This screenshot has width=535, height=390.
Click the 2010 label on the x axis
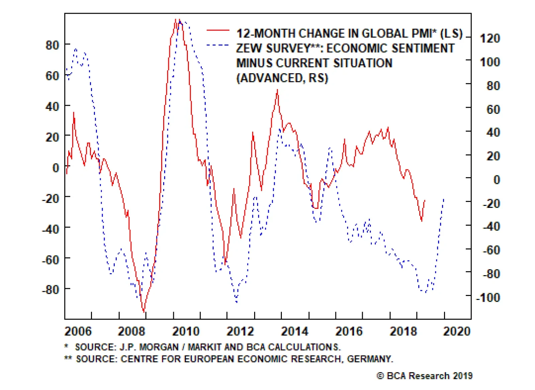pos(186,331)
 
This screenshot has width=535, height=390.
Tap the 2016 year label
pos(349,331)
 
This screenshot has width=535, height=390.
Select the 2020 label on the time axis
pos(457,331)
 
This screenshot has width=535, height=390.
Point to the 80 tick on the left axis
pos(52,45)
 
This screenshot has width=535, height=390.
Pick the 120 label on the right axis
pos(490,38)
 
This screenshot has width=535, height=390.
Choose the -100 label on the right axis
pos(488,297)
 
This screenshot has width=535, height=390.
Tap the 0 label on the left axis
pos(56,167)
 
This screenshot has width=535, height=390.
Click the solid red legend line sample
pos(218,30)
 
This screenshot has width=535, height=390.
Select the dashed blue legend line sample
pos(218,45)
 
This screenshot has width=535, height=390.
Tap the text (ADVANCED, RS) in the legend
pos(282,78)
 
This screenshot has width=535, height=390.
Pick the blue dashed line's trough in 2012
pos(236,302)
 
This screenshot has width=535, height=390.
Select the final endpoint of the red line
pos(425,200)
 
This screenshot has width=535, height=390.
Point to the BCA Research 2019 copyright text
pos(425,376)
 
